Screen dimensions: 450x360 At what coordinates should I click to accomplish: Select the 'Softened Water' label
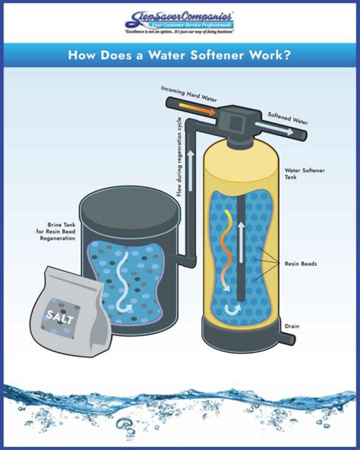(x=287, y=118)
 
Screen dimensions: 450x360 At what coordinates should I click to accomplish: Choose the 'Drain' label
(x=292, y=326)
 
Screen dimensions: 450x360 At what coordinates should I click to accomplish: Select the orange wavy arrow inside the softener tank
(x=228, y=250)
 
